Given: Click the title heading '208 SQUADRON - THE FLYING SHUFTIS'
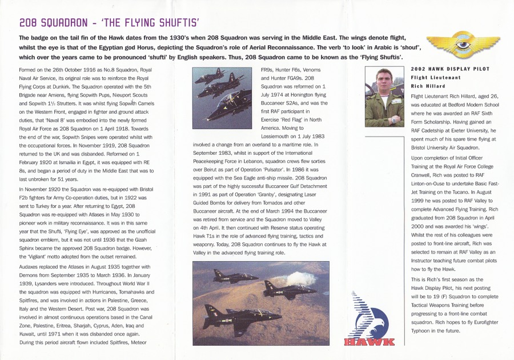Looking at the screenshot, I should click(109, 23).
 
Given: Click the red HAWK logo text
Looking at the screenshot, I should click(369, 342).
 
